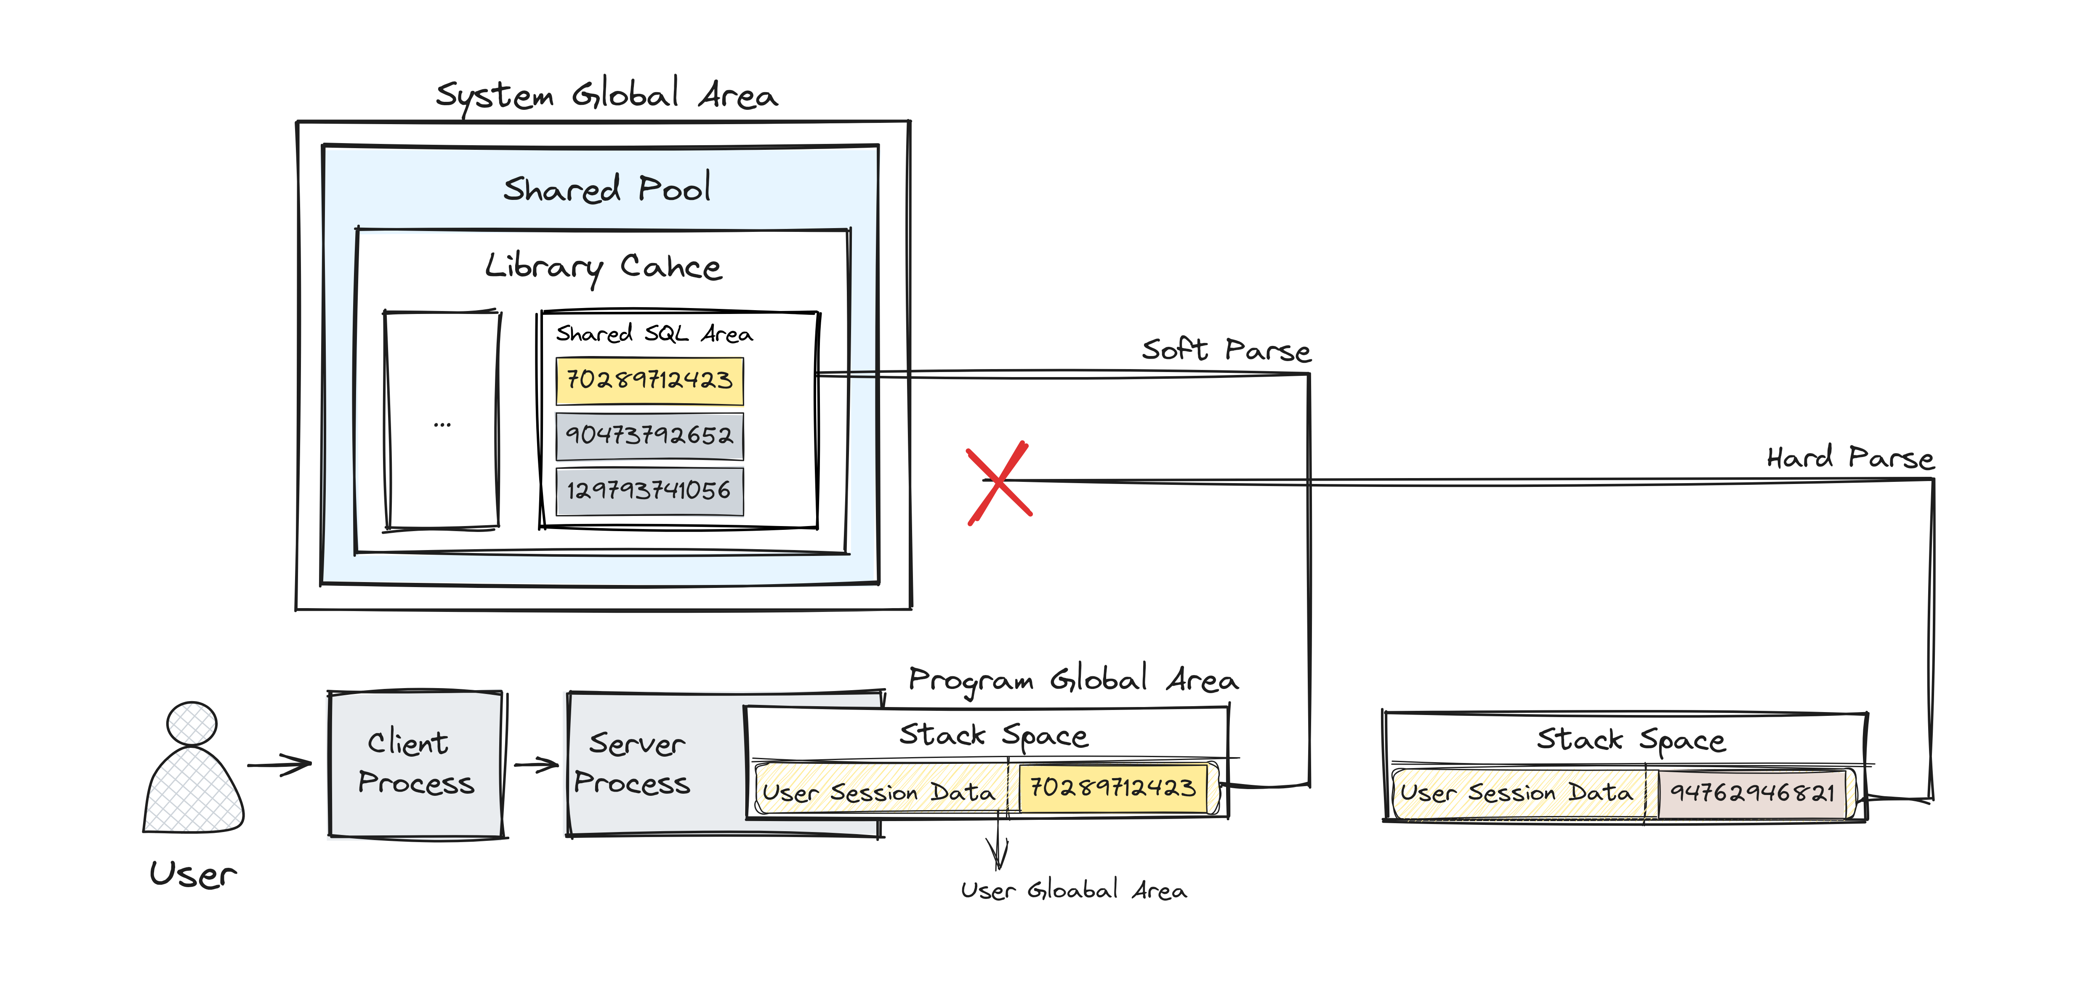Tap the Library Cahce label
[x=604, y=266]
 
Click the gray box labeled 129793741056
[x=649, y=491]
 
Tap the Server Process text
[x=633, y=763]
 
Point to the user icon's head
[x=192, y=723]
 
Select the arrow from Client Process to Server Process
[x=536, y=764]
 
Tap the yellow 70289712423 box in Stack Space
[x=1113, y=788]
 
